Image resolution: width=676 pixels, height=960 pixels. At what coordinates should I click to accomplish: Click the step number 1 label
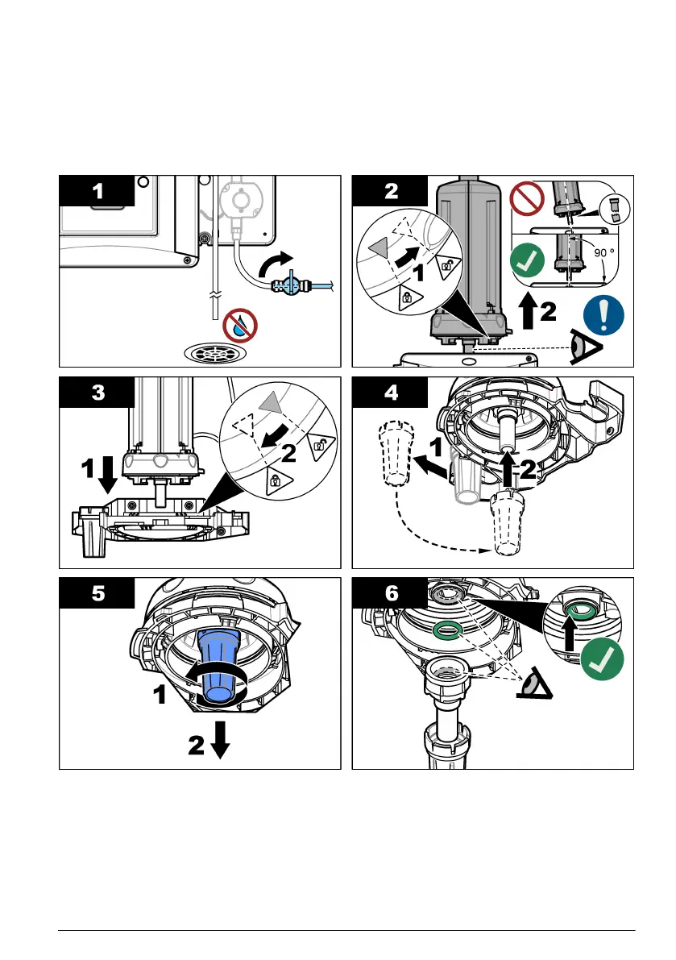point(97,193)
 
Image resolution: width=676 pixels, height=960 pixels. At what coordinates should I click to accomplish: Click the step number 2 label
point(392,193)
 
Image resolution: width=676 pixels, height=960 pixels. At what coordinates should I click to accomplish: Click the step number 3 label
point(97,394)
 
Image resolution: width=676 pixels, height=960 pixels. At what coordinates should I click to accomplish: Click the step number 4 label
point(392,394)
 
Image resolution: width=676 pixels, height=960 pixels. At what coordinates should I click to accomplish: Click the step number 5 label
point(97,595)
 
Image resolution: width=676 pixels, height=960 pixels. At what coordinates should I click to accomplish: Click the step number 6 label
point(392,595)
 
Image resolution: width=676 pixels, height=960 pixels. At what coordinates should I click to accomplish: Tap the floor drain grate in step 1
point(214,353)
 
